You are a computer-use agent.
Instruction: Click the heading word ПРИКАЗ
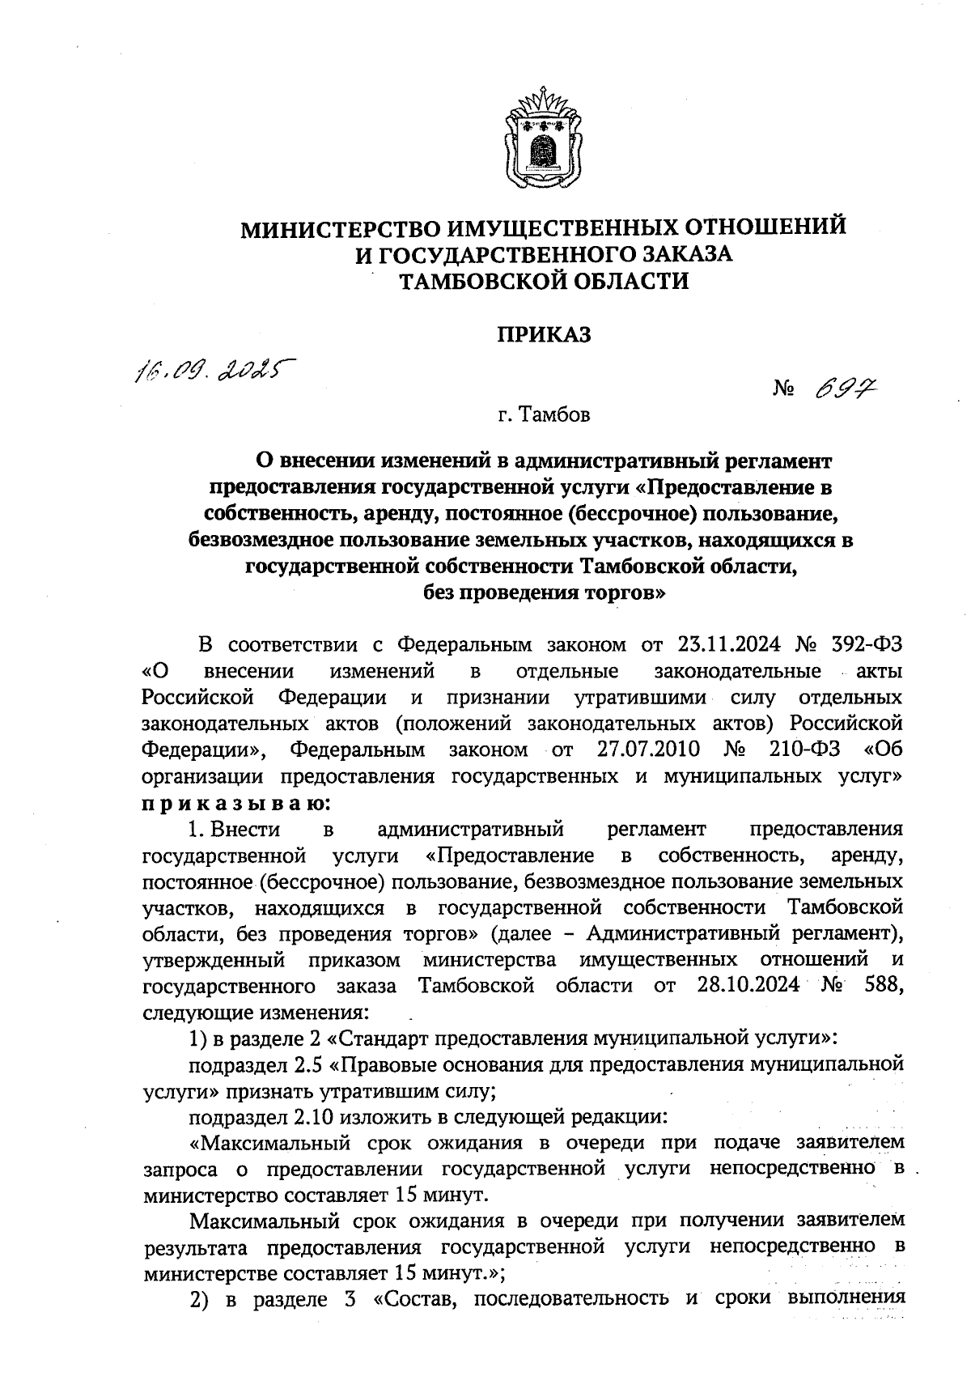coord(543,334)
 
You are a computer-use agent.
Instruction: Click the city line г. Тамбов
coord(543,416)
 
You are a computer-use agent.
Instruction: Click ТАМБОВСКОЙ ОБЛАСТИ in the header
coord(544,281)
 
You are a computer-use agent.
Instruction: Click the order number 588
coord(883,986)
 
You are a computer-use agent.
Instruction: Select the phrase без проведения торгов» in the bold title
coord(544,592)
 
